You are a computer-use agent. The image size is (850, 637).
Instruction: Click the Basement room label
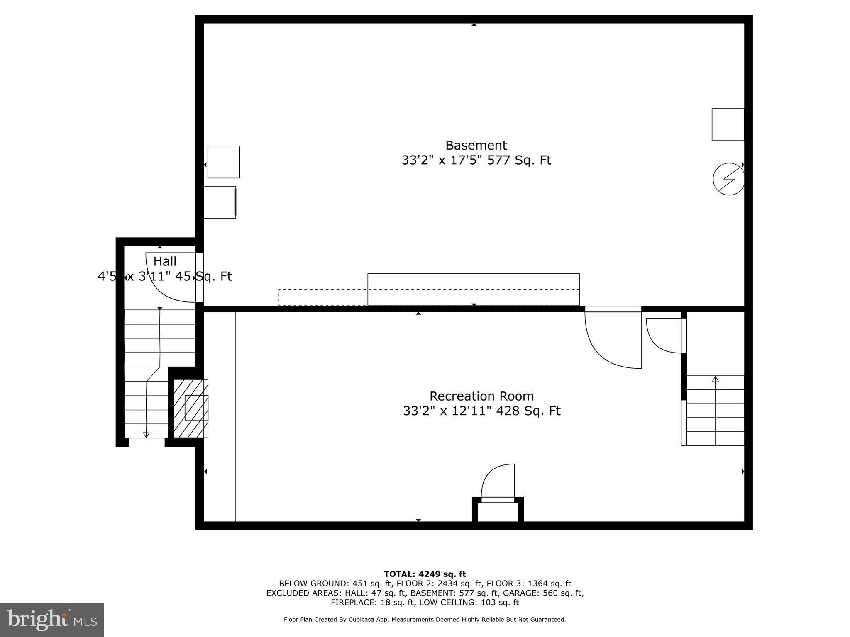point(476,146)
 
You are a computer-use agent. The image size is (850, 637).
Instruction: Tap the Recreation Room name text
point(481,396)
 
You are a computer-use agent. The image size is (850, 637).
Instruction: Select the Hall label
point(165,262)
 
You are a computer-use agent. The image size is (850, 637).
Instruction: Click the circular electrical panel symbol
point(728,180)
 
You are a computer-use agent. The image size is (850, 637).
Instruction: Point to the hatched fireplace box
point(191,408)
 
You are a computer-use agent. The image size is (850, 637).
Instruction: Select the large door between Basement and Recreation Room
point(613,338)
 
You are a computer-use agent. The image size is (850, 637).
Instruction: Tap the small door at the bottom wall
point(498,484)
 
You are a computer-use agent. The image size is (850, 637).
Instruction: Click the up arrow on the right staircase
point(715,379)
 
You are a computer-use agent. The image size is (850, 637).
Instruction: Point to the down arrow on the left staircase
point(146,434)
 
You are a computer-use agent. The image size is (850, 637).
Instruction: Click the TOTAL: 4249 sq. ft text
point(425,574)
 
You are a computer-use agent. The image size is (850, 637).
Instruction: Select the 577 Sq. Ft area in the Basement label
point(519,160)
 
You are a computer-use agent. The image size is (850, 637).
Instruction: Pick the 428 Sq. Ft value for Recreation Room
point(528,411)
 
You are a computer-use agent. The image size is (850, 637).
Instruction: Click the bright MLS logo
point(52,620)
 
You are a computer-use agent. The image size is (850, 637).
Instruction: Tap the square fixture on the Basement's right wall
point(728,124)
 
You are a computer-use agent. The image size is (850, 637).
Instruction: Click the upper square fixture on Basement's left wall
point(224,162)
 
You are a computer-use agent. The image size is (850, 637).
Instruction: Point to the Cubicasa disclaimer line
point(425,620)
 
